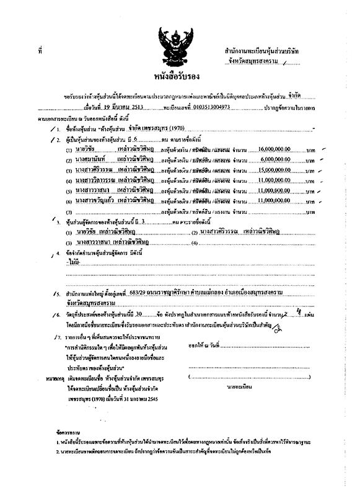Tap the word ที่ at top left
(x=40, y=49)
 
